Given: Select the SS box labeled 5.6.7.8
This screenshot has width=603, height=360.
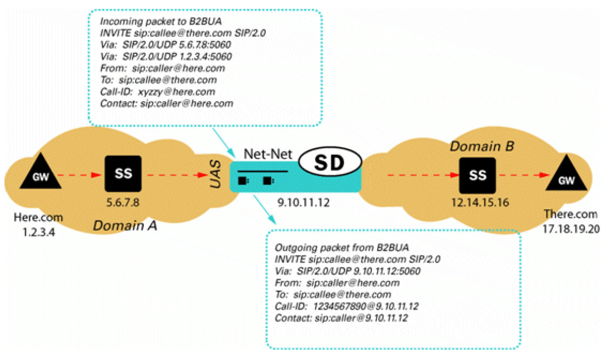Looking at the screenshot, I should coord(123,173).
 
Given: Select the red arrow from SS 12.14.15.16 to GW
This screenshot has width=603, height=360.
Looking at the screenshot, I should coord(522,176).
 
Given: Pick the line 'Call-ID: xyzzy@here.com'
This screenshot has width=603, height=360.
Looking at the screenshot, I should coord(158,92).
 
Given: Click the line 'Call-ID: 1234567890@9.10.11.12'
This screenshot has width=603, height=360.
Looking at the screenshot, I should coord(347,306).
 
